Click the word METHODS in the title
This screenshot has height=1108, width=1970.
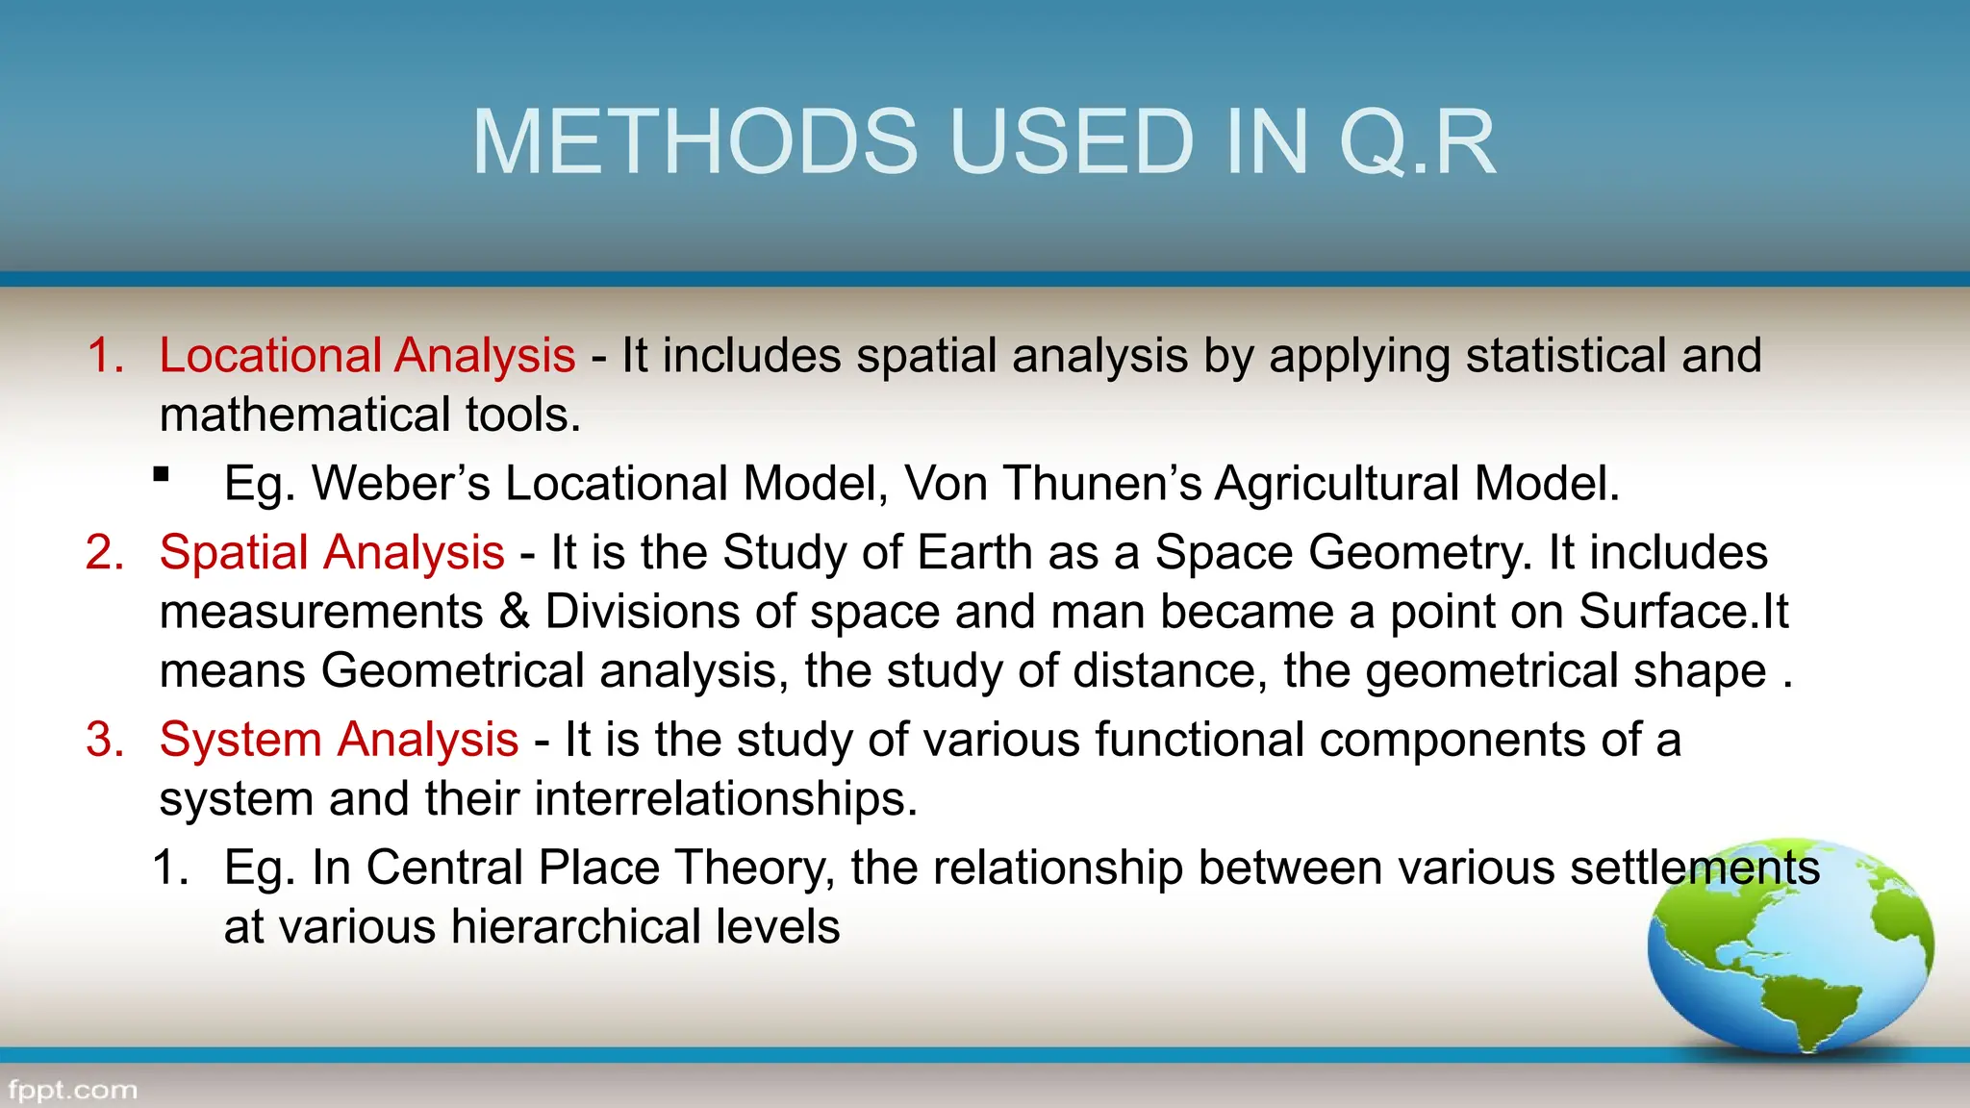click(x=695, y=142)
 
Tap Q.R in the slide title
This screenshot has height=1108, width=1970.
click(x=1417, y=142)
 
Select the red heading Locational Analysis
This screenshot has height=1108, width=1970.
click(x=366, y=355)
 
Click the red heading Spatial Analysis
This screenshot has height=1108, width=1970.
click(x=332, y=552)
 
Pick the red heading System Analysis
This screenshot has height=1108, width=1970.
click(x=339, y=740)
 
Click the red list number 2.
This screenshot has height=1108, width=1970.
click(x=104, y=553)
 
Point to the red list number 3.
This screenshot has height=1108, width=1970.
click(x=104, y=741)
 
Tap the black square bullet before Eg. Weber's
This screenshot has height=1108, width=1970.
click(x=162, y=474)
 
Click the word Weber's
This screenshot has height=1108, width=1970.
click(x=401, y=483)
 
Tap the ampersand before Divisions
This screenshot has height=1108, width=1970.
click(x=515, y=612)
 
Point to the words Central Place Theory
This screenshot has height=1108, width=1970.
click(x=599, y=868)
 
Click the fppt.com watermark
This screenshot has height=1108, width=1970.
click(x=72, y=1091)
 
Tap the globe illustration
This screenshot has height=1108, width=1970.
click(x=1789, y=947)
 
